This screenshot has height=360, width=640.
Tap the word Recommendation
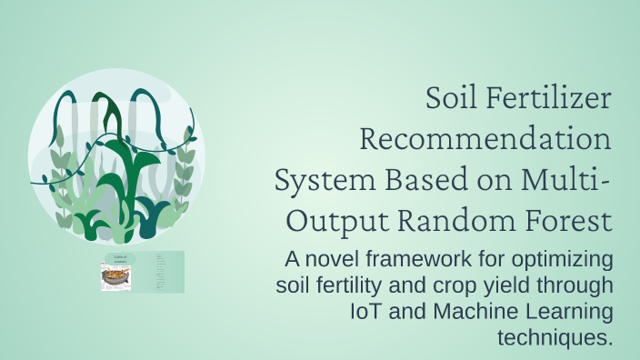point(485,140)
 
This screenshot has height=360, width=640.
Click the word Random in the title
point(456,220)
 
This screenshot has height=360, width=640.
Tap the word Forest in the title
point(566,220)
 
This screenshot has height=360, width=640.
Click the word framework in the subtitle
point(419,259)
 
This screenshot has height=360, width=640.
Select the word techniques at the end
point(555,338)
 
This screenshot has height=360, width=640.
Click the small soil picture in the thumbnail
point(116,277)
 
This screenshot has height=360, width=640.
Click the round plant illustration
point(115,156)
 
